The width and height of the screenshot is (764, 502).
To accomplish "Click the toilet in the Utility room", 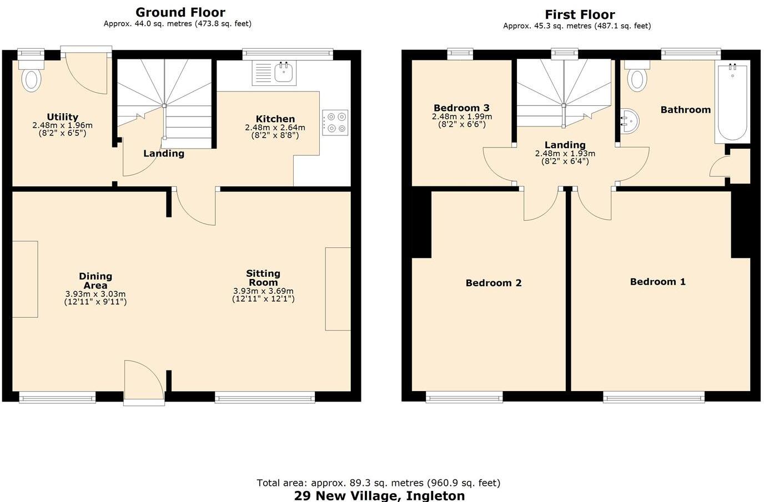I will (x=32, y=78).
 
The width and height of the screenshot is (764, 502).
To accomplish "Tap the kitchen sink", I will (x=274, y=73).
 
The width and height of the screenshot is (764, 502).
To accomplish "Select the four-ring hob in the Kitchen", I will (x=335, y=123).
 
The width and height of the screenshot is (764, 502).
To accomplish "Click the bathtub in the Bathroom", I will (x=732, y=103).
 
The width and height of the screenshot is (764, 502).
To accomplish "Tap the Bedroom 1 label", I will (x=657, y=282).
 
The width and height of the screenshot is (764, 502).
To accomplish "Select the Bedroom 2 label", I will (x=493, y=283).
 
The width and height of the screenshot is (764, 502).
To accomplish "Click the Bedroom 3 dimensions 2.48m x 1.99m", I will (x=461, y=116).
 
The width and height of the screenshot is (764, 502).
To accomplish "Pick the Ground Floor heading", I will (x=180, y=12).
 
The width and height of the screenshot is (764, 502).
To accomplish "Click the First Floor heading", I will (x=579, y=14).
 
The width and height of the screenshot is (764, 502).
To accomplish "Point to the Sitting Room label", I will (x=263, y=277).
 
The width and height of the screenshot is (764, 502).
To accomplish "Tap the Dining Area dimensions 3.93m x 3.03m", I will (x=95, y=294).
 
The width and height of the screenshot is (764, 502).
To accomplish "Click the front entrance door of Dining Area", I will (x=144, y=383).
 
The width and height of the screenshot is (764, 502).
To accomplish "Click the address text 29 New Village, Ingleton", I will (x=379, y=495).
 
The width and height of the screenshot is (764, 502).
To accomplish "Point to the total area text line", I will (x=378, y=483).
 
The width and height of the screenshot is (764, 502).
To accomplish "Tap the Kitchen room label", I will (x=275, y=119).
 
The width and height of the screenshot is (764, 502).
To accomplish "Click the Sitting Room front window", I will (x=265, y=397).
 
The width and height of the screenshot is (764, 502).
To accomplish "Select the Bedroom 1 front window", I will (x=654, y=397).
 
